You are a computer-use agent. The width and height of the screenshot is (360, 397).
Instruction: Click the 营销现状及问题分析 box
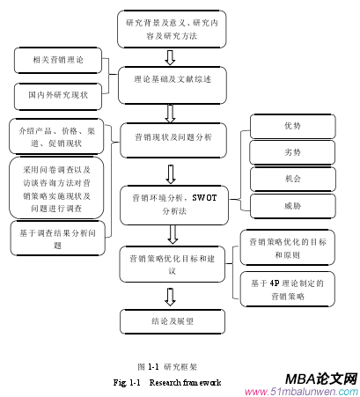click(x=173, y=138)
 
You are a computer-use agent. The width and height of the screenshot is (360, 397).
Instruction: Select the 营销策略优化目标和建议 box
click(x=173, y=261)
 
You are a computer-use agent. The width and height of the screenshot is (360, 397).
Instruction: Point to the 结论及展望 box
click(x=173, y=320)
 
